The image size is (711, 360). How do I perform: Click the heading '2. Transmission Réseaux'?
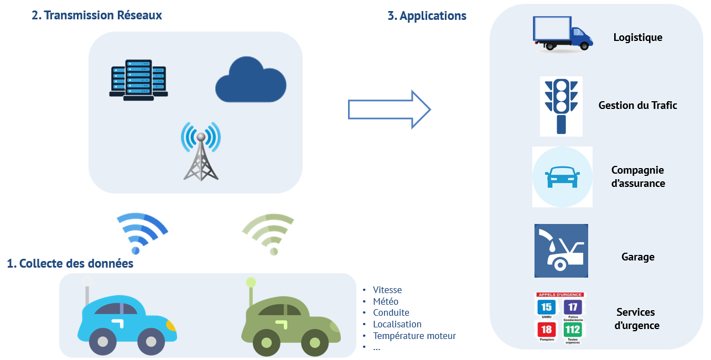tap(97, 15)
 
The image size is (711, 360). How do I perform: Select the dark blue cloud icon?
tap(250, 82)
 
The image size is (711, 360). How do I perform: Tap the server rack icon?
tap(138, 80)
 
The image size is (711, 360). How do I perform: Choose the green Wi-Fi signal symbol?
tap(269, 232)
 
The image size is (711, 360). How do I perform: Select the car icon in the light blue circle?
tap(562, 177)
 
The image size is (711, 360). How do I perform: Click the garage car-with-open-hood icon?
tap(561, 251)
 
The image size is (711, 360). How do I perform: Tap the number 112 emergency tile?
tap(573, 330)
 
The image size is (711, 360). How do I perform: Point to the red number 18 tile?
tap(547, 330)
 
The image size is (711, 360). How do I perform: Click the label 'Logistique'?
tap(637, 38)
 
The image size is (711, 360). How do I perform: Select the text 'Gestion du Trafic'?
tap(637, 105)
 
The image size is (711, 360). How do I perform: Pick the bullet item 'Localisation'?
tap(397, 324)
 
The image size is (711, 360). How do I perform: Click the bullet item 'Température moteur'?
tap(414, 336)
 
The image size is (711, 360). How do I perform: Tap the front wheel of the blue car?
tap(150, 341)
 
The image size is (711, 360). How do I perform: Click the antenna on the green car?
tap(251, 291)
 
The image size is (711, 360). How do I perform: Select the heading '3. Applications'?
tap(427, 16)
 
